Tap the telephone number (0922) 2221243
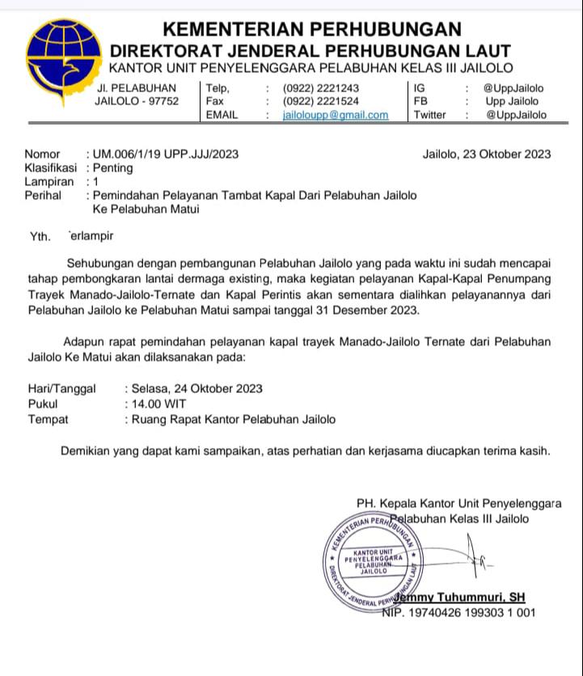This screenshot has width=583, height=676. [321, 88]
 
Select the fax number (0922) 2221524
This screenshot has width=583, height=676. [321, 101]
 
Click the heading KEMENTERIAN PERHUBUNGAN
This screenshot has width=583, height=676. [312, 29]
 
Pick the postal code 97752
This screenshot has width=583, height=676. [163, 101]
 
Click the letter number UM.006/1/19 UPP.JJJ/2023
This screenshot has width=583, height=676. [166, 154]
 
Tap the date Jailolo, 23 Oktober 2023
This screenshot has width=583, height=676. [487, 154]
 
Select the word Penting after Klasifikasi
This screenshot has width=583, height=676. [113, 168]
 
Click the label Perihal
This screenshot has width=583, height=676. [43, 196]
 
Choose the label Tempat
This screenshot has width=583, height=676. [49, 419]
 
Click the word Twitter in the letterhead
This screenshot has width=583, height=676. [429, 115]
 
